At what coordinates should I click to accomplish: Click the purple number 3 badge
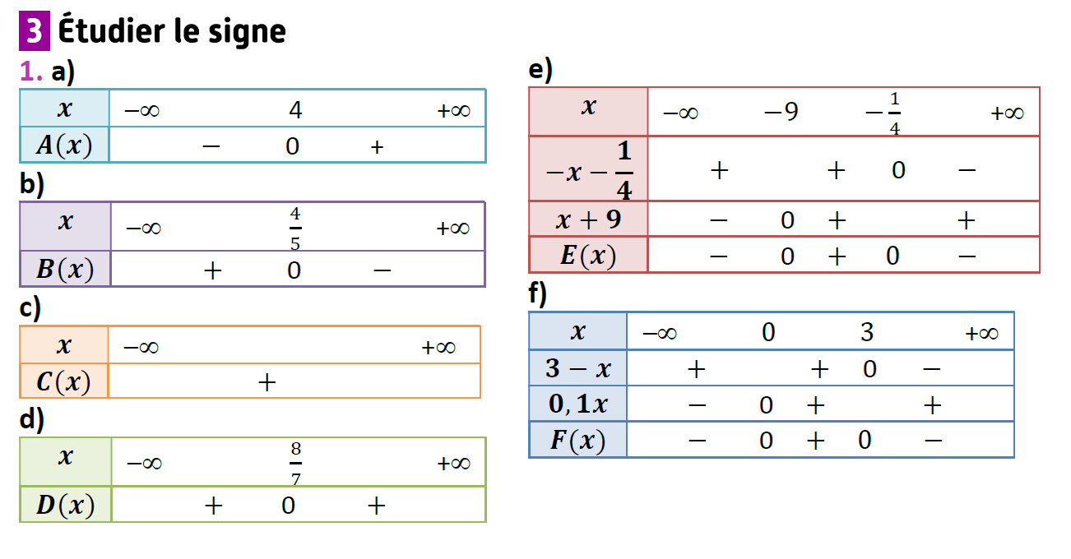pyautogui.click(x=34, y=30)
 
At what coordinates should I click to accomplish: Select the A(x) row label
pyautogui.click(x=64, y=146)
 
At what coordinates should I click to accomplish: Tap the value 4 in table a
pyautogui.click(x=295, y=109)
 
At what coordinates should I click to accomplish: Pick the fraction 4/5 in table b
pyautogui.click(x=294, y=229)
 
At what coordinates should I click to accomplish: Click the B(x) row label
pyautogui.click(x=65, y=269)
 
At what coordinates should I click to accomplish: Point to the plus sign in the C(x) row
pyautogui.click(x=267, y=381)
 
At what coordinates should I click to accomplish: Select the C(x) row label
pyautogui.click(x=63, y=381)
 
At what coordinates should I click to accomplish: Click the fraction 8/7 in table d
pyautogui.click(x=294, y=464)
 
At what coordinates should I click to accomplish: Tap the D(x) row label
pyautogui.click(x=65, y=505)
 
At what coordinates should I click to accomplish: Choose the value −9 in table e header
pyautogui.click(x=780, y=111)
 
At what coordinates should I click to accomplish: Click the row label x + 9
pyautogui.click(x=588, y=219)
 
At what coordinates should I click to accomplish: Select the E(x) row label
pyautogui.click(x=588, y=256)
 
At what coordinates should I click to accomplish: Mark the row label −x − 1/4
pyautogui.click(x=588, y=169)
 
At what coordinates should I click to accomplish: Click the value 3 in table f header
pyautogui.click(x=867, y=332)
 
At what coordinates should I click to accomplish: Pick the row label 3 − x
pyautogui.click(x=577, y=368)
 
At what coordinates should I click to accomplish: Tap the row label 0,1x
pyautogui.click(x=577, y=404)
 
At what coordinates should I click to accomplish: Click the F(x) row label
pyautogui.click(x=577, y=441)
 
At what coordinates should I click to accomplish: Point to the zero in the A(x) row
pyautogui.click(x=292, y=146)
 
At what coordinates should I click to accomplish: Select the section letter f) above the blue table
pyautogui.click(x=538, y=294)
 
